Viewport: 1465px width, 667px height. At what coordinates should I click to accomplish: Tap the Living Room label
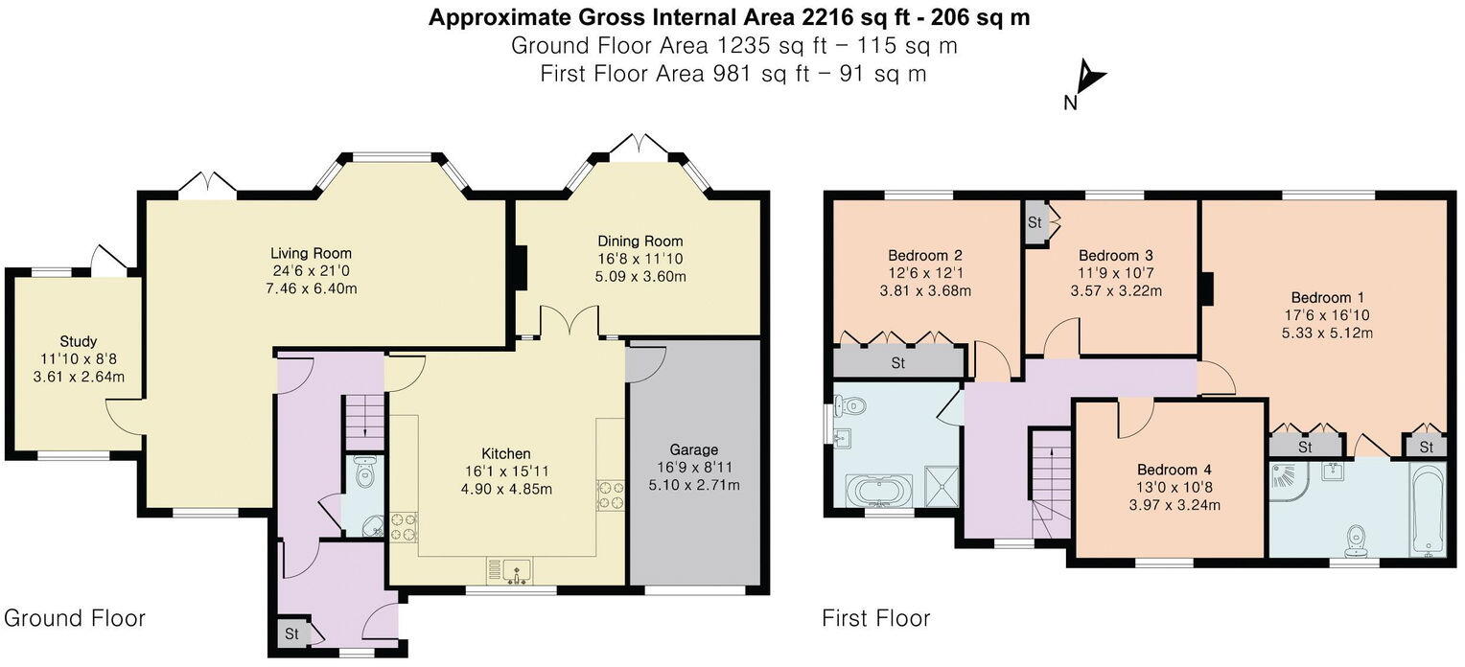[312, 253]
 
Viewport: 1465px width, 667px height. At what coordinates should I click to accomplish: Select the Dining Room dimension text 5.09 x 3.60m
[640, 277]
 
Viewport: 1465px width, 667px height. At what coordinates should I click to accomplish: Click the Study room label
[79, 341]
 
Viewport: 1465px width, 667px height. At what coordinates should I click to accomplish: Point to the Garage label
[694, 449]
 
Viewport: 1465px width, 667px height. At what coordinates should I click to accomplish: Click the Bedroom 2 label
[925, 255]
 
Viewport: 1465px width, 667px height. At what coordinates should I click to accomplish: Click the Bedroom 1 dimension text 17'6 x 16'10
[1326, 315]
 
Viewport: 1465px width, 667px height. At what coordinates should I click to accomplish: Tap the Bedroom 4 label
[1174, 470]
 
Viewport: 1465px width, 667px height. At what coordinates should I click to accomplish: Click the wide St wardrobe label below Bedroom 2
[898, 363]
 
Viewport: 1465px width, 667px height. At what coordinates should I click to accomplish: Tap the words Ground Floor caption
[75, 618]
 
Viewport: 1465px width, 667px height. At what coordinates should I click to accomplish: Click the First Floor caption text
[875, 618]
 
